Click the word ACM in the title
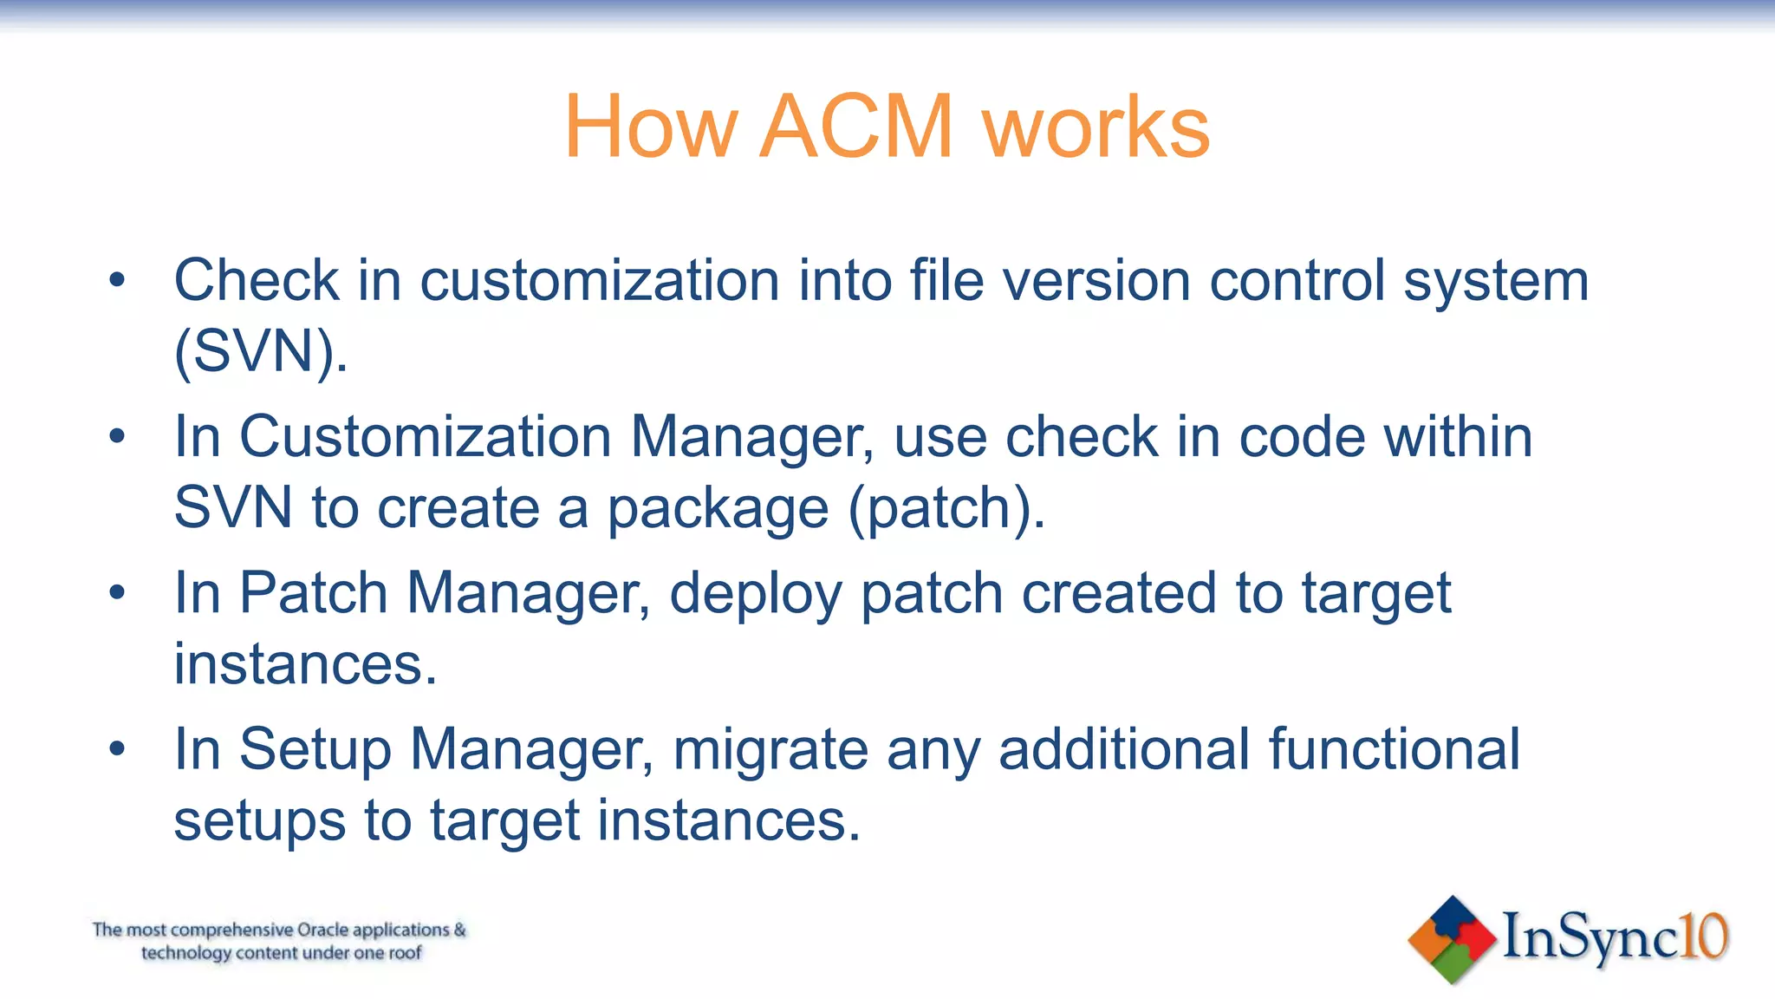coord(856,127)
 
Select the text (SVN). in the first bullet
coord(261,352)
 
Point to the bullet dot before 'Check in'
coord(118,281)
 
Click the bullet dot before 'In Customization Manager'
coord(118,436)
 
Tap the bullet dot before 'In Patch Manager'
coord(118,593)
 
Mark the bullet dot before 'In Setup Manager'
coord(118,748)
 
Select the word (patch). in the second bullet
coord(946,508)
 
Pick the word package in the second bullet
coord(718,510)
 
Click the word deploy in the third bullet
coord(755,595)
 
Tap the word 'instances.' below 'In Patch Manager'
coord(305,664)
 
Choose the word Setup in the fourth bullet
coord(315,751)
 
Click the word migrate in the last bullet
coord(770,750)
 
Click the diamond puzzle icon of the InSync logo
coord(1453,939)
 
